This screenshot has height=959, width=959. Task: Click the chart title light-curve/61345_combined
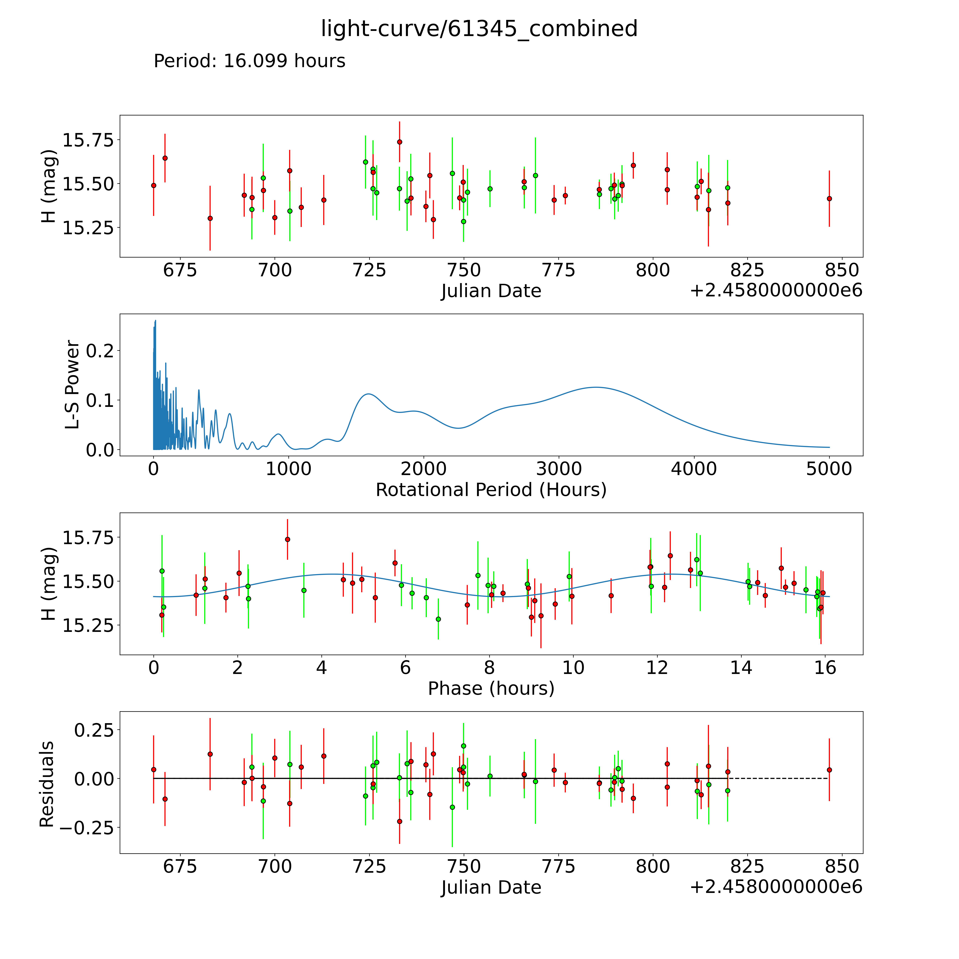pyautogui.click(x=479, y=29)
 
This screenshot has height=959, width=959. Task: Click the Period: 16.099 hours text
pyautogui.click(x=249, y=61)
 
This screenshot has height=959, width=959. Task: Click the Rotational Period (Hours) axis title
pyautogui.click(x=491, y=490)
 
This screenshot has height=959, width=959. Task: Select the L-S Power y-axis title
pyautogui.click(x=72, y=385)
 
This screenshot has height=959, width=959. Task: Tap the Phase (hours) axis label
pyautogui.click(x=491, y=689)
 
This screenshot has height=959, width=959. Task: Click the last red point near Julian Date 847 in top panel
pyautogui.click(x=829, y=199)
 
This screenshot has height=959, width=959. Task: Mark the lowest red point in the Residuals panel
pyautogui.click(x=400, y=822)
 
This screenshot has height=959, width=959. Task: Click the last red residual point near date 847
pyautogui.click(x=829, y=770)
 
